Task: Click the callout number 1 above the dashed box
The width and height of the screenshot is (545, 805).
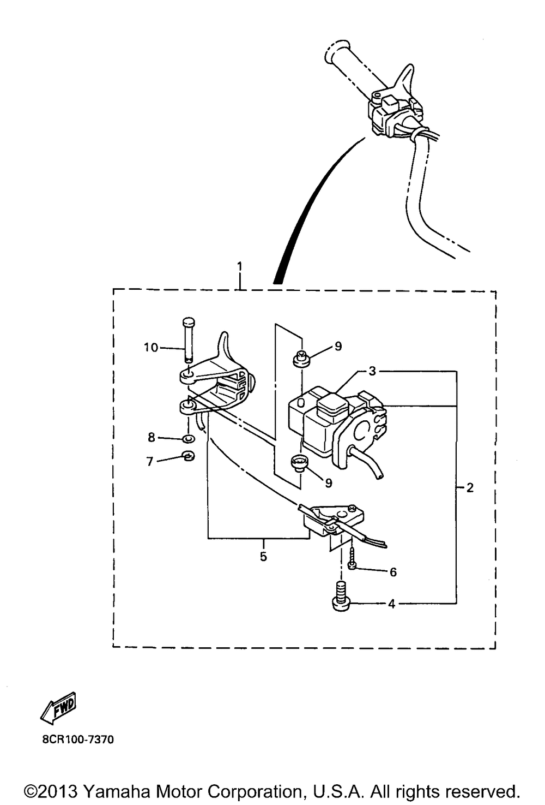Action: (239, 267)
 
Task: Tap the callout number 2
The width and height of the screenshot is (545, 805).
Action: (470, 488)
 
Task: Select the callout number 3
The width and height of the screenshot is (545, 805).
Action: (372, 371)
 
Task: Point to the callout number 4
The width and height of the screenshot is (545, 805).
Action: (391, 604)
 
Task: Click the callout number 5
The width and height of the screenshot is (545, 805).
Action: (263, 556)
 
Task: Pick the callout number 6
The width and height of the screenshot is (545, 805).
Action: (393, 572)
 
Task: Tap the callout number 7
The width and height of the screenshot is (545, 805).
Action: (150, 461)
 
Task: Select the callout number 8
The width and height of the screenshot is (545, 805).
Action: (152, 437)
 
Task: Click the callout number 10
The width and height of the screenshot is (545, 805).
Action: (151, 348)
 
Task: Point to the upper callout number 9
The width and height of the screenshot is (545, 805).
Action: (338, 346)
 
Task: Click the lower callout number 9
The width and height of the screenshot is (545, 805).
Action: (329, 482)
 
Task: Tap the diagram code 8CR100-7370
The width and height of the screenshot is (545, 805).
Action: (78, 740)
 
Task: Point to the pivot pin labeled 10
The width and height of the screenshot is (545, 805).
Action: (188, 341)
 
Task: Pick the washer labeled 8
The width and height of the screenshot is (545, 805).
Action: (189, 439)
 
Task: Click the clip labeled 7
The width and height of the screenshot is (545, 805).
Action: (189, 456)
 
